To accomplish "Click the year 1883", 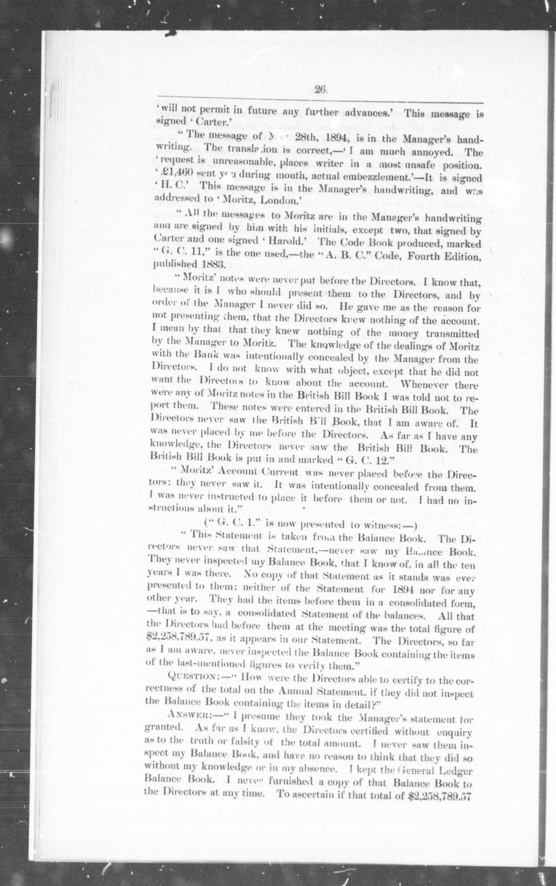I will tap(212, 264).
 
